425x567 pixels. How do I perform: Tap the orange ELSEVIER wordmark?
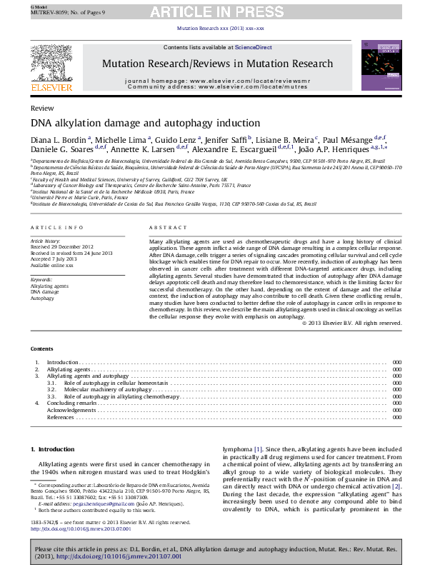(x=51, y=87)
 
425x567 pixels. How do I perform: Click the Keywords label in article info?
(x=42, y=279)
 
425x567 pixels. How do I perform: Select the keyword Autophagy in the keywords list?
(x=42, y=297)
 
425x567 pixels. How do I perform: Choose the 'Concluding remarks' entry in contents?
(x=71, y=403)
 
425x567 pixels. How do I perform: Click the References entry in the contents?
(x=61, y=417)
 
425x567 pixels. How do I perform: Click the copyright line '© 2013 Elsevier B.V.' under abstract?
(x=351, y=323)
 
